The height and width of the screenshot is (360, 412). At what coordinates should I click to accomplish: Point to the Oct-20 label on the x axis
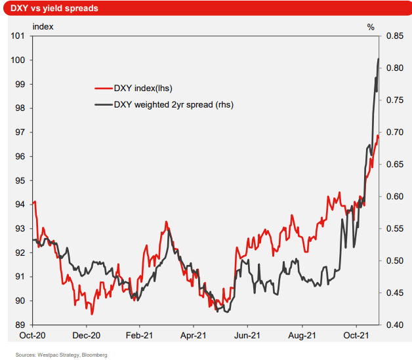[33, 334]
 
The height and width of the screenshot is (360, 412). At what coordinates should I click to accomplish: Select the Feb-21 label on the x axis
[139, 334]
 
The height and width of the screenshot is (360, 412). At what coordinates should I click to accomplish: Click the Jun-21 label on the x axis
[247, 334]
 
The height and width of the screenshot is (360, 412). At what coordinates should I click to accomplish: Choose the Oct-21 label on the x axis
[356, 334]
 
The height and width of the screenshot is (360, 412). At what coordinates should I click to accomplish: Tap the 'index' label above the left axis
[43, 27]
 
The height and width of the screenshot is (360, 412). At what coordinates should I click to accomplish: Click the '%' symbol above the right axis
[371, 27]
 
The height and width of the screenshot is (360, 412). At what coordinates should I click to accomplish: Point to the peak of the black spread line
[379, 59]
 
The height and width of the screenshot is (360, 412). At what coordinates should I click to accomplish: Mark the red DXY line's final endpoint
[379, 136]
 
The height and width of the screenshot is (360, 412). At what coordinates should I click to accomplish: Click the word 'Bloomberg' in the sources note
[94, 354]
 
